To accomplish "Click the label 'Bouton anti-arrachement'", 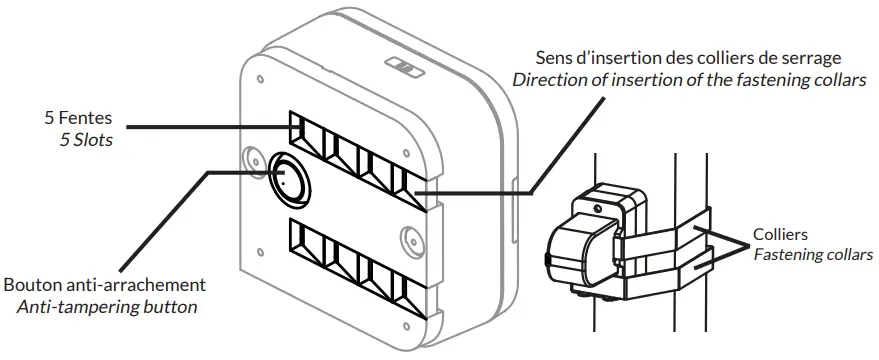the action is [105, 284].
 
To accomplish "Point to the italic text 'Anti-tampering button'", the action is [107, 306].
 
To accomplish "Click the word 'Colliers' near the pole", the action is [781, 233].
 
